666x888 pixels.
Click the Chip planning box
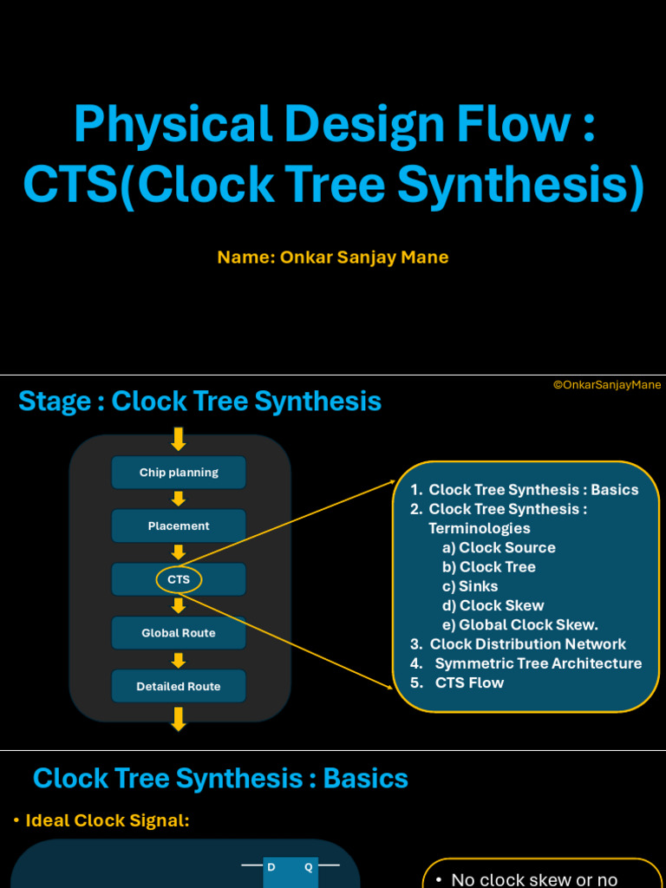click(179, 473)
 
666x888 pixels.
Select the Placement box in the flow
click(179, 526)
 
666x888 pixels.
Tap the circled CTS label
click(179, 579)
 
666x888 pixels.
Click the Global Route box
click(179, 633)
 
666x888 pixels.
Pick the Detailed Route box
click(179, 686)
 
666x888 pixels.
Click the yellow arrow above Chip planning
click(179, 439)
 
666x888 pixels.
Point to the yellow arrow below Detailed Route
click(179, 718)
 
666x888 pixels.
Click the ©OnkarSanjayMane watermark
click(607, 385)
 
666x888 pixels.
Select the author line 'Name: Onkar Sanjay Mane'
click(333, 258)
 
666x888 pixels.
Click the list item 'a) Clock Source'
click(499, 547)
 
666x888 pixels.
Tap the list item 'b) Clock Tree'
click(489, 567)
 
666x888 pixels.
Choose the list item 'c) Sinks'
click(470, 586)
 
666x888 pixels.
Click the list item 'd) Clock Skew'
click(493, 605)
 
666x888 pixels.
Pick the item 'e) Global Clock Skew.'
click(520, 625)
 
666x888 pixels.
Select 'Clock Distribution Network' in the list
click(527, 644)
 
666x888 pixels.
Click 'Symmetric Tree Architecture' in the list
click(538, 663)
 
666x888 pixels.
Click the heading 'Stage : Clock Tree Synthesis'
click(200, 402)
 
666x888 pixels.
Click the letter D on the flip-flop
click(271, 867)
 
